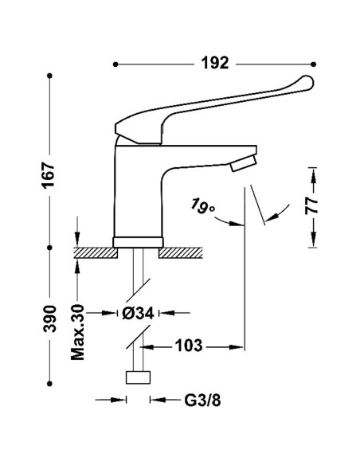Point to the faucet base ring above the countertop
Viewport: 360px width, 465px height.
click(x=139, y=241)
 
